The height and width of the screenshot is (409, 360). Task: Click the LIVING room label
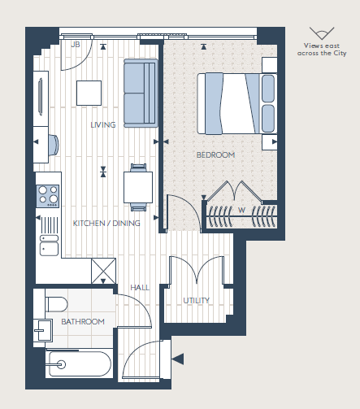(x=103, y=124)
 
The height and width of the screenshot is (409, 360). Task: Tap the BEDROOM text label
(x=215, y=154)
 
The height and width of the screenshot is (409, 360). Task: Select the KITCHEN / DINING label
(x=106, y=223)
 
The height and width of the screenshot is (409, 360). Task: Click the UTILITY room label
(x=196, y=300)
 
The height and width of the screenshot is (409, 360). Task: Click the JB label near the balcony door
(x=76, y=45)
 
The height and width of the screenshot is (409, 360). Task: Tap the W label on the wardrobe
(x=241, y=210)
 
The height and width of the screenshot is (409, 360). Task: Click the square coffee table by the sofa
(x=89, y=92)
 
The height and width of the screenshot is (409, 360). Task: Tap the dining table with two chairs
(x=137, y=186)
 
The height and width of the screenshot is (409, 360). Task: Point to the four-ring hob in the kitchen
(x=48, y=195)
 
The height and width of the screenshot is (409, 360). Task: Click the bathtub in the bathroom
(x=80, y=364)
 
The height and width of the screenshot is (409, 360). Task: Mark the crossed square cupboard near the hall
(x=104, y=269)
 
